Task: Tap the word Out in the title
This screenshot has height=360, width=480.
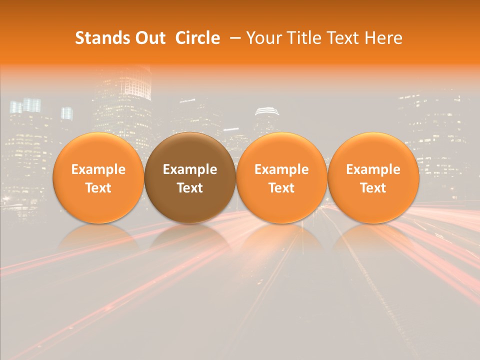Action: [x=149, y=38]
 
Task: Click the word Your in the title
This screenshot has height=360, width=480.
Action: [x=262, y=38]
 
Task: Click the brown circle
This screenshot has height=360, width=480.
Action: [x=190, y=177]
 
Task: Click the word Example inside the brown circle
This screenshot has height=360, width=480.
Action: [x=190, y=169]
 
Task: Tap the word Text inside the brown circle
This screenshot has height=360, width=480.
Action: [x=190, y=188]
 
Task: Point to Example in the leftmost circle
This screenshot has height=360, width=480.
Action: [x=98, y=169]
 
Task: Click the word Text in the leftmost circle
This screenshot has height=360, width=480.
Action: [x=98, y=188]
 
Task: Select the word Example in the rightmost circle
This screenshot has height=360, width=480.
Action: [x=373, y=169]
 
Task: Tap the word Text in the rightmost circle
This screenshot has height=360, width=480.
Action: [x=373, y=188]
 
